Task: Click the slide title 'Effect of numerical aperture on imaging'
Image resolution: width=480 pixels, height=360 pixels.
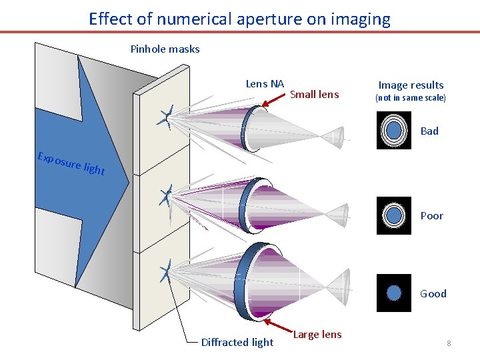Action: pos(239,19)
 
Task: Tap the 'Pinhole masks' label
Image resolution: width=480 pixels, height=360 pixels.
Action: pos(165,49)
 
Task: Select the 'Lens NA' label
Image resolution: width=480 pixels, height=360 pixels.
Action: pos(265,83)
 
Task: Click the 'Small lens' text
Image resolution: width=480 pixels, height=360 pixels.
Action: pos(314,94)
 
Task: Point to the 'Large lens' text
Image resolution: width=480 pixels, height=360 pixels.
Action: pos(317,335)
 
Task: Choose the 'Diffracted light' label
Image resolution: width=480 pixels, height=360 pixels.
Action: pos(237,342)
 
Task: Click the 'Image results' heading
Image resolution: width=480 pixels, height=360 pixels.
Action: pos(411,85)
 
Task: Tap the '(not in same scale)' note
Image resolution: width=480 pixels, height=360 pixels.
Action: pos(410,98)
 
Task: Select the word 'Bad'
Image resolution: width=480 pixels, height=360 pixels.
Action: pos(429,131)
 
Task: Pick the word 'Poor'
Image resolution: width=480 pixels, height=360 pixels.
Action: pos(431,216)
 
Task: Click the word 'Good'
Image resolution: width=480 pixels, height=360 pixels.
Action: pos(433,293)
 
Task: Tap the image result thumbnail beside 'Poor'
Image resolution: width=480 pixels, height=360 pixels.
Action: pos(394,215)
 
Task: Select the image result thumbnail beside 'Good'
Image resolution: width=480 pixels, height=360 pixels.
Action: pos(394,293)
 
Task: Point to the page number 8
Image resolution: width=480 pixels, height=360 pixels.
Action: pos(449,343)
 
